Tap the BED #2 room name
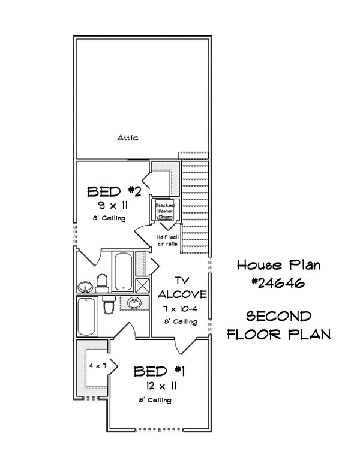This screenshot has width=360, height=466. coord(114,192)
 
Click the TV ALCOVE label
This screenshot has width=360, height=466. coord(182,288)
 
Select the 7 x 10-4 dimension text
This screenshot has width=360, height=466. coord(182,308)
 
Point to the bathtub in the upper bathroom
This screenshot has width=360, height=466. coord(122,271)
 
